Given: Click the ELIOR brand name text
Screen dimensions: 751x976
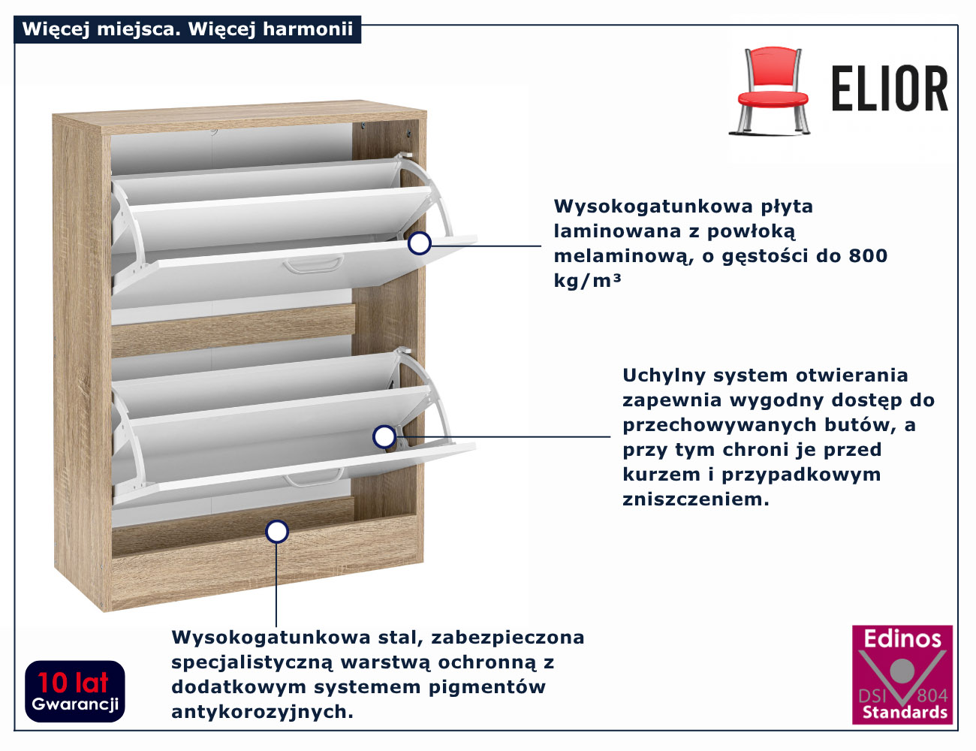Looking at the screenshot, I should tap(890, 89).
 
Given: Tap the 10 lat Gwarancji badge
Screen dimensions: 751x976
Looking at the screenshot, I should tap(75, 691).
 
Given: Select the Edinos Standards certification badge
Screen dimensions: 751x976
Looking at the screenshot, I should tap(902, 674).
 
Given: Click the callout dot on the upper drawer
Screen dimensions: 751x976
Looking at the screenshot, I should tap(420, 243).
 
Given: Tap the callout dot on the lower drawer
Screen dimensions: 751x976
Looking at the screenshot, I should tap(384, 436).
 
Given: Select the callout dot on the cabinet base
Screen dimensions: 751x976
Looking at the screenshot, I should tap(277, 532).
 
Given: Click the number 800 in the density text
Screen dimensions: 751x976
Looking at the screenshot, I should tap(868, 256).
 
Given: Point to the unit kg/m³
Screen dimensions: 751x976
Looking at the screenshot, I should tap(587, 281).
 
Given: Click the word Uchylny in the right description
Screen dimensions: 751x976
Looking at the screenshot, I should tap(664, 375).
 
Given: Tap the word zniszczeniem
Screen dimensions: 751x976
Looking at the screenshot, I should tap(695, 499).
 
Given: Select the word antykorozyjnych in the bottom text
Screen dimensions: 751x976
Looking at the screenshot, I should tap(262, 712).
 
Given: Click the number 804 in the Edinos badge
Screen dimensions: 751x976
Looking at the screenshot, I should tap(932, 695).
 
